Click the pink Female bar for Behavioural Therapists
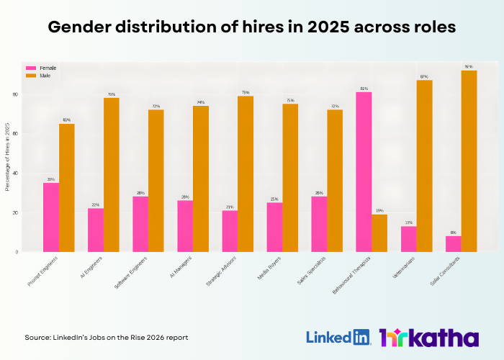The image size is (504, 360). [x=364, y=172]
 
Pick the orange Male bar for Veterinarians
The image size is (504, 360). [x=424, y=166]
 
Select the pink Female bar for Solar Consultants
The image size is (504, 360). [x=453, y=244]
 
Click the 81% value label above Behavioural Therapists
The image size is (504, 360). [x=364, y=89]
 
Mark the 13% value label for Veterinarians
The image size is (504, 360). [x=408, y=222]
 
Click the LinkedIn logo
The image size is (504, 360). [x=338, y=337]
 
